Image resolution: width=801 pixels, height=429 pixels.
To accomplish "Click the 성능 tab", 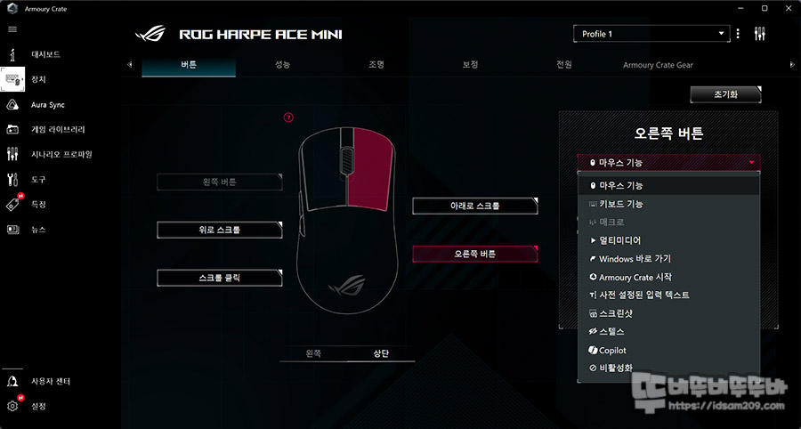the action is coord(282,65).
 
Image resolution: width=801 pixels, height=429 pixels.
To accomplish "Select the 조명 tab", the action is coord(376,65).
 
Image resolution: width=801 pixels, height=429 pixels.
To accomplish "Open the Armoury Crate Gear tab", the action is coord(658,65).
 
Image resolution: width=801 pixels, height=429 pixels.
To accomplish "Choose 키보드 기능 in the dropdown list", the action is coord(621,204).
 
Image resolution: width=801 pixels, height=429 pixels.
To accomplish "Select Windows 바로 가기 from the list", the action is coord(635,259).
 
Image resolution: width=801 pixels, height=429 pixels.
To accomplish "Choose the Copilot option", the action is coord(613,351).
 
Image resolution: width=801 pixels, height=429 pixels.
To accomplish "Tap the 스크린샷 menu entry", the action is coord(616,314).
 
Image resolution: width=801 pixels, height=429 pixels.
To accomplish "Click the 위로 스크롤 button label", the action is coord(219,230).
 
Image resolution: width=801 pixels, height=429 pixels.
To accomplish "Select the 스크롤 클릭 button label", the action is coord(219,278).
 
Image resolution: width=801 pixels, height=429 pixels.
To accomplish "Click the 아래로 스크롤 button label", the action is coord(474,206).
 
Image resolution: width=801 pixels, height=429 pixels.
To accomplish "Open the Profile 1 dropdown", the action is coord(651,34).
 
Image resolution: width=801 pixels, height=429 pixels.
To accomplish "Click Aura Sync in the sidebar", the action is coord(48,104).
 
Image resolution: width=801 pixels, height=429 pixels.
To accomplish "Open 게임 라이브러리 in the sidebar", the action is coord(57,129).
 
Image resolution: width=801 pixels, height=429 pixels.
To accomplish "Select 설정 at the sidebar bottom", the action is coord(38,407).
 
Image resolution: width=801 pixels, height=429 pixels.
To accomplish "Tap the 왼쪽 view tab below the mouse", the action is coord(312,353).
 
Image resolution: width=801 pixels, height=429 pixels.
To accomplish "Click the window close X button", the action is coord(788,8).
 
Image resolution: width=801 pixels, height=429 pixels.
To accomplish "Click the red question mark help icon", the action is coord(288,117).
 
